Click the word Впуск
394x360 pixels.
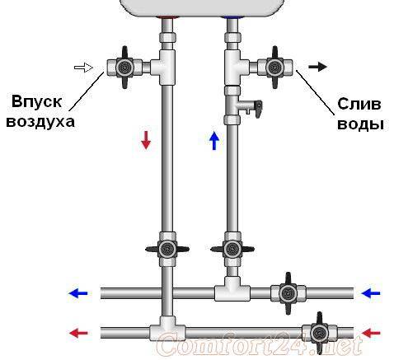[36, 102]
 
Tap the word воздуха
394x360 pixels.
[40, 122]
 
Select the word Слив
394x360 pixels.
[359, 105]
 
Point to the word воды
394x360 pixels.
[360, 124]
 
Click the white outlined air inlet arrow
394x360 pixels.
[83, 68]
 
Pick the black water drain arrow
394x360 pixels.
[317, 67]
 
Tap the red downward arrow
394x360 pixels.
[146, 140]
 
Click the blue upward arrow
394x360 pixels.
[214, 141]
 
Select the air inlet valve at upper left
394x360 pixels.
[124, 68]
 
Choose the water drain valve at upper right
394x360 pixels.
[274, 68]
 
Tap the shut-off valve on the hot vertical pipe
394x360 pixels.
[167, 249]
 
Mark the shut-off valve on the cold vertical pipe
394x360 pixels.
[232, 249]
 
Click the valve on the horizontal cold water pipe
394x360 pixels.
[288, 293]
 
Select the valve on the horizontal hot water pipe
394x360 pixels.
[319, 333]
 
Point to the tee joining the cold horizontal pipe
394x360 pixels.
[232, 290]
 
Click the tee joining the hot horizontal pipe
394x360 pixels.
[167, 329]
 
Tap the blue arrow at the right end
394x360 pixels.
[371, 293]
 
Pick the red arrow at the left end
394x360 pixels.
[78, 333]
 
